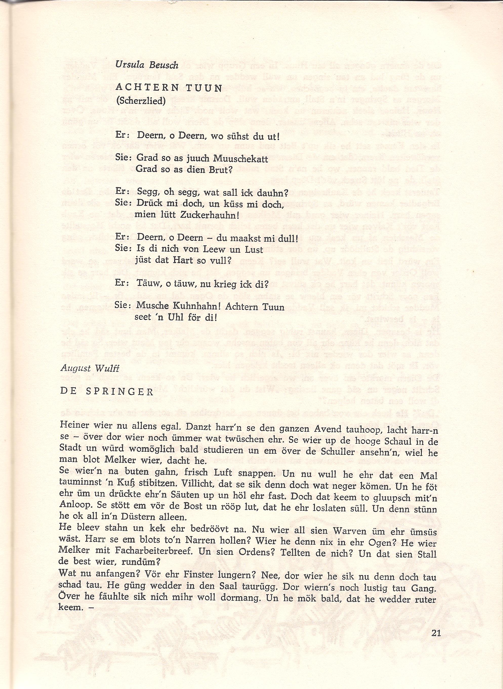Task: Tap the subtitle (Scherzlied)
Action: click(141, 101)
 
